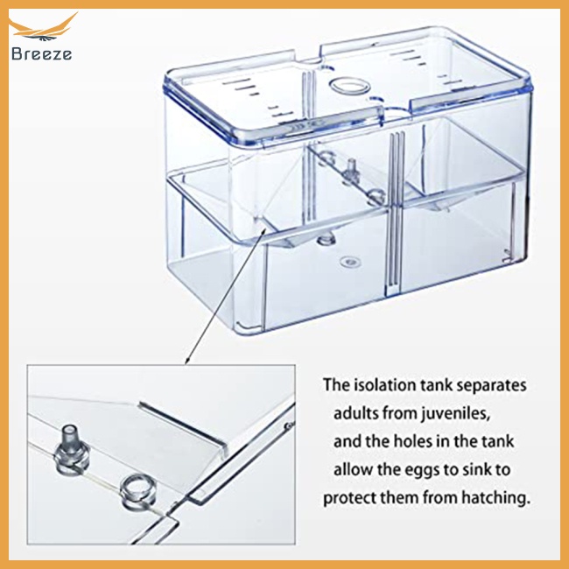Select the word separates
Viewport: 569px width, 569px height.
point(492,384)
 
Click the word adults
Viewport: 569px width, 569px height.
point(359,412)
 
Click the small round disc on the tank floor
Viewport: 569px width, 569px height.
point(352,260)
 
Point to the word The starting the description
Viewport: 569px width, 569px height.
point(336,384)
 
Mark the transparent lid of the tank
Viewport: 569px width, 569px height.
point(350,79)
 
